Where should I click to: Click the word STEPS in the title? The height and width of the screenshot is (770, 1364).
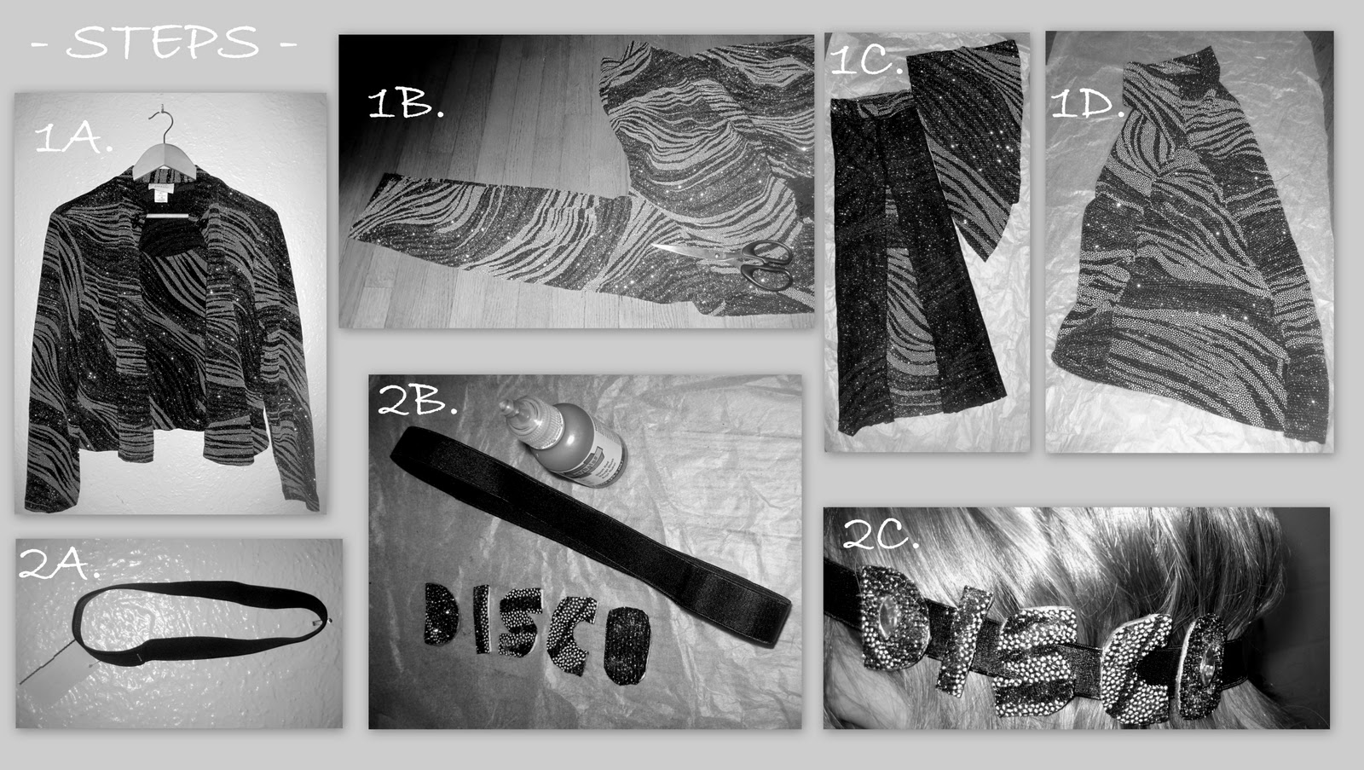tap(163, 43)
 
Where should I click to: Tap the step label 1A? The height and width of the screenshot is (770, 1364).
tap(73, 137)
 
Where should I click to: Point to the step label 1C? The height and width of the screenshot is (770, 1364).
tap(867, 60)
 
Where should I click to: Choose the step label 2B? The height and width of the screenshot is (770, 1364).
tap(418, 399)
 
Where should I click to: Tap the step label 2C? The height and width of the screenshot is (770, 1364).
tap(881, 535)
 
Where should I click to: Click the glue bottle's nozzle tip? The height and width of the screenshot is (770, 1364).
tap(506, 407)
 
